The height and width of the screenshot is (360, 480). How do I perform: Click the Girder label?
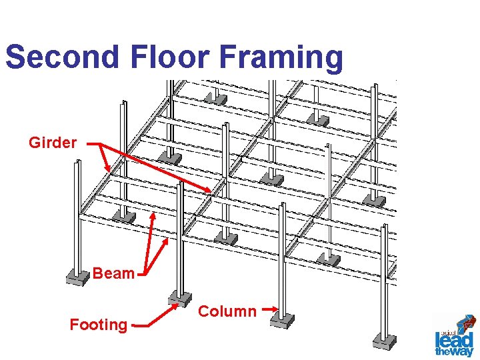click(x=53, y=143)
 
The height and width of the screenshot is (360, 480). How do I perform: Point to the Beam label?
click(x=113, y=273)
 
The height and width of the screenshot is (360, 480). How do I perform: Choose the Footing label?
click(x=98, y=325)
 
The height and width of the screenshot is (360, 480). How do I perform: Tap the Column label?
click(x=227, y=311)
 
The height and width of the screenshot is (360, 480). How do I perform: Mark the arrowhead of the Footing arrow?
click(x=177, y=304)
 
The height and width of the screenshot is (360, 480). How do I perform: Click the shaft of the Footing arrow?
click(x=155, y=317)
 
